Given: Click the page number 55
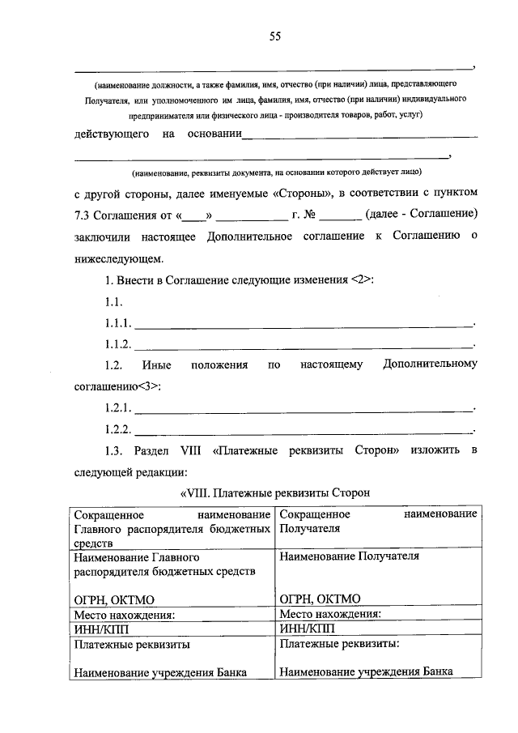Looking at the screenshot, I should pos(274,36).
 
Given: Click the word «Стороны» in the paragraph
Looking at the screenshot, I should pos(296,194).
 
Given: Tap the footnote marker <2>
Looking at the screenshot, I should pos(363,279).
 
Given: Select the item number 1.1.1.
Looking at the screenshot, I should pos(118,323).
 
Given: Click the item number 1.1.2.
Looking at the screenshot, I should pos(118,344).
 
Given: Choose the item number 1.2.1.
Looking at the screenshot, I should pos(118,407).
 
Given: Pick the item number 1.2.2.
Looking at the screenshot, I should pos(118,428).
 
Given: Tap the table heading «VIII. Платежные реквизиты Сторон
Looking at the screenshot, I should pos(275,492).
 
